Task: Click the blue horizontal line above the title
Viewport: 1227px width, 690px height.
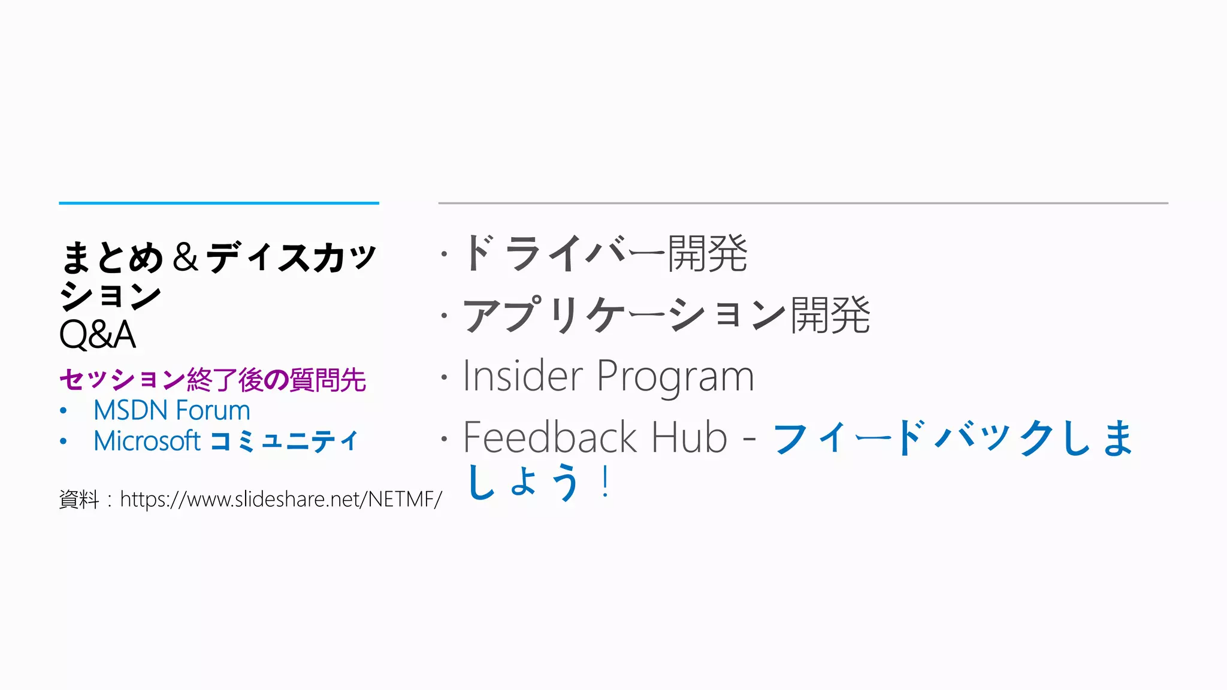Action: [219, 203]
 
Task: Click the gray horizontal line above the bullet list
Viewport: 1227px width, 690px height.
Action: [803, 203]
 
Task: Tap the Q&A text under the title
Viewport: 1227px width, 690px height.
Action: [98, 334]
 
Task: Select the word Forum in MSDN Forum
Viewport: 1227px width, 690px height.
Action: [213, 411]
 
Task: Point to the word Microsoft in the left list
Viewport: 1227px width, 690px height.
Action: [147, 441]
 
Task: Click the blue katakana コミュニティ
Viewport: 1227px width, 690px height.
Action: [284, 441]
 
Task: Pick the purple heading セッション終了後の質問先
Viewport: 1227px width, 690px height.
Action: [213, 380]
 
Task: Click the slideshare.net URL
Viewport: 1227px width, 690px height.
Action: [281, 499]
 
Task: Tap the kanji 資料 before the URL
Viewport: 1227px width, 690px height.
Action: [78, 499]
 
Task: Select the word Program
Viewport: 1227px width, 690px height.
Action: [675, 377]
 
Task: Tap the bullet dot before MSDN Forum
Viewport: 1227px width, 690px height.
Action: [64, 411]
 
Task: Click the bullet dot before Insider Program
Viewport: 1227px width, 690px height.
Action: [444, 377]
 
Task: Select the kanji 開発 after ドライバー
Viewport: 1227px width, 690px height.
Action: [708, 253]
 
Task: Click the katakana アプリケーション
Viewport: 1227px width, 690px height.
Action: [624, 315]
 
